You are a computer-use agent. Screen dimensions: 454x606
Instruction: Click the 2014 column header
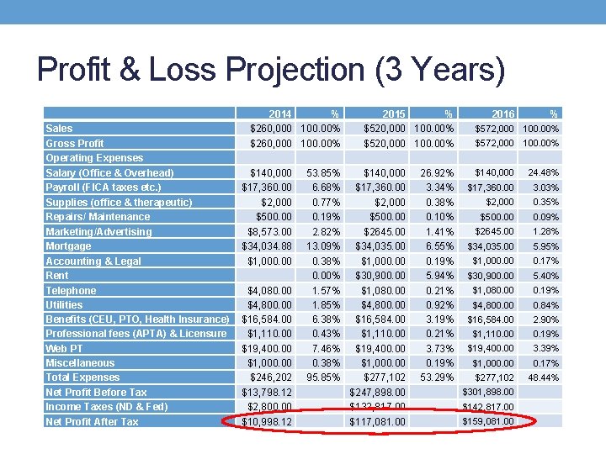(280, 113)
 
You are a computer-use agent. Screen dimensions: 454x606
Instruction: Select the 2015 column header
(394, 113)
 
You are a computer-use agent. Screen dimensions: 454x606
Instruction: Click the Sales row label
(59, 129)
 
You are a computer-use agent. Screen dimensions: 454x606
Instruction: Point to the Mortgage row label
(68, 246)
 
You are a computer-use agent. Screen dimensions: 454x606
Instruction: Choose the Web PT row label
(64, 348)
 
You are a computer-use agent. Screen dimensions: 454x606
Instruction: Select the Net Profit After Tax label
(92, 421)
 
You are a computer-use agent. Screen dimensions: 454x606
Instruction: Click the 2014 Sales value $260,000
(271, 129)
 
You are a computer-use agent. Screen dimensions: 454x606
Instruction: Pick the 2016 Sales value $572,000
(494, 129)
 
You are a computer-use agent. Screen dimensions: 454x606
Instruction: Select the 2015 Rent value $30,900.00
(378, 275)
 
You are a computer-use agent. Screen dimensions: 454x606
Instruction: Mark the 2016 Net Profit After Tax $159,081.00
(489, 421)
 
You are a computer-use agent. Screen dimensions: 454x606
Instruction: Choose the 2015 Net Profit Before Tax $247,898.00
(378, 392)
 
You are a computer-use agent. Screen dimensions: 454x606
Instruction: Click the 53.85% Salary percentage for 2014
(324, 172)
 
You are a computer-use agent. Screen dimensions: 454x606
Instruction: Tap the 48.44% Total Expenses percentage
(542, 377)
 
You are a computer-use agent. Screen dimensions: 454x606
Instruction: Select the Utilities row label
(64, 304)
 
